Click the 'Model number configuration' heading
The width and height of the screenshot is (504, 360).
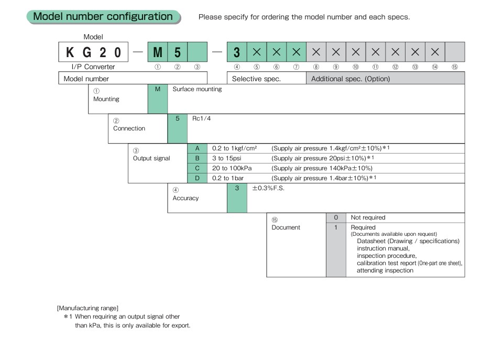(103, 17)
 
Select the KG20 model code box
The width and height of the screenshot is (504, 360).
(93, 52)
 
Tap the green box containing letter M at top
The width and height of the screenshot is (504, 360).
(158, 52)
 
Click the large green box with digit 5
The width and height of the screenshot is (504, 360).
(178, 52)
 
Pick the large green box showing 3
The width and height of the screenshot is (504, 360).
(237, 52)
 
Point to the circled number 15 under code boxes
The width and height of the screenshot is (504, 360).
(454, 67)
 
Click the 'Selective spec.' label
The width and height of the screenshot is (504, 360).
(256, 79)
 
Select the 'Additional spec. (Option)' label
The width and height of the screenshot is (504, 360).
(350, 79)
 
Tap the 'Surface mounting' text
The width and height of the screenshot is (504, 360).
(197, 89)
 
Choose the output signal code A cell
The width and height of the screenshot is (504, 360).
(198, 148)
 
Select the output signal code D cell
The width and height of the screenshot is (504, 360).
(198, 178)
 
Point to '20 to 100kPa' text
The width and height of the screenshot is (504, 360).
(232, 168)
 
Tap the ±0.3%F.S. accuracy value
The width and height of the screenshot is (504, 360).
(268, 188)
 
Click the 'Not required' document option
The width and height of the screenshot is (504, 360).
(368, 217)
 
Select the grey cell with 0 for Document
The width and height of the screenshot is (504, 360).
(336, 217)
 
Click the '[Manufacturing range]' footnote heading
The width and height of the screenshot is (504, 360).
(87, 308)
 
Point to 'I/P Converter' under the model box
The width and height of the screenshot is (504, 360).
(93, 67)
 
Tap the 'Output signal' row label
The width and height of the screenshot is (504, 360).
(151, 158)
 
